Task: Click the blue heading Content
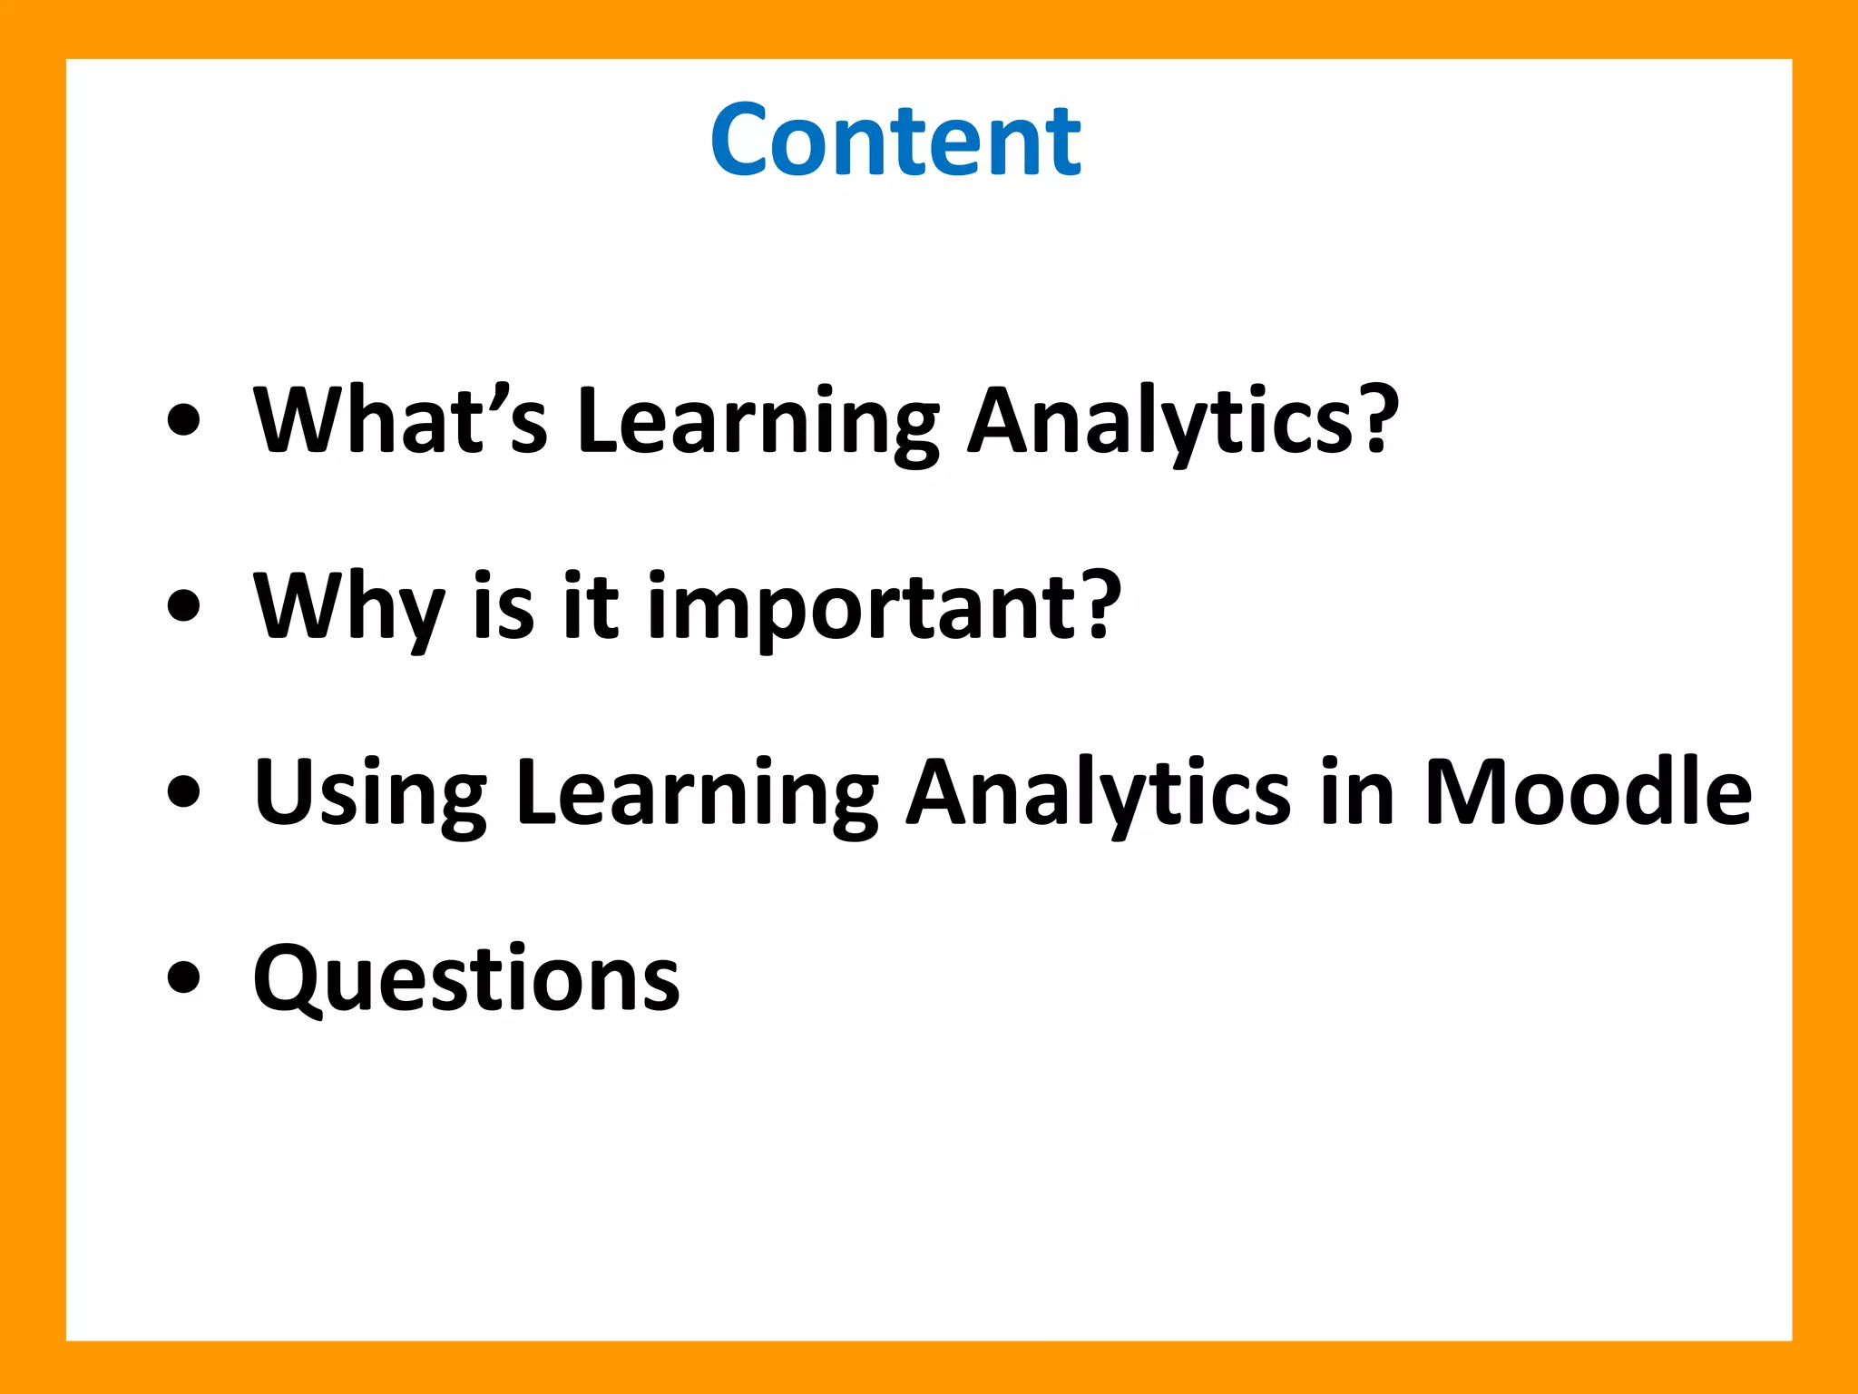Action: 895,141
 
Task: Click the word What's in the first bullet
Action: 400,419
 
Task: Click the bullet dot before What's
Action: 184,420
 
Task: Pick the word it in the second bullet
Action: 590,606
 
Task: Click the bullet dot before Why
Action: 184,606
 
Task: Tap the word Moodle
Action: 1588,791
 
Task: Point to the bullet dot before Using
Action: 184,791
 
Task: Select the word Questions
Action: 466,978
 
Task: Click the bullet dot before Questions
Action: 184,977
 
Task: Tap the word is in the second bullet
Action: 504,606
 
